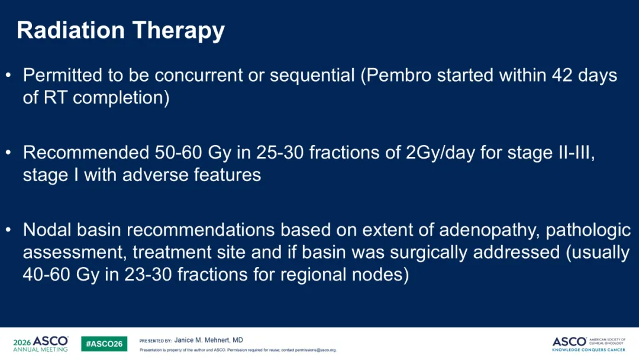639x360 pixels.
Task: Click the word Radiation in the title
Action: [x=70, y=30]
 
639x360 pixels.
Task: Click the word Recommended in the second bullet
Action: [x=86, y=153]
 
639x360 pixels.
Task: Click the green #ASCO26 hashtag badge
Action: [x=104, y=343]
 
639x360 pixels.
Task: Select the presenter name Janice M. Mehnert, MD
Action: [x=209, y=340]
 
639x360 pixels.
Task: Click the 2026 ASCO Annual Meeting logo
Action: [x=40, y=343]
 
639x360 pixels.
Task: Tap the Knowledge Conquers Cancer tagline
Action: [x=589, y=349]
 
